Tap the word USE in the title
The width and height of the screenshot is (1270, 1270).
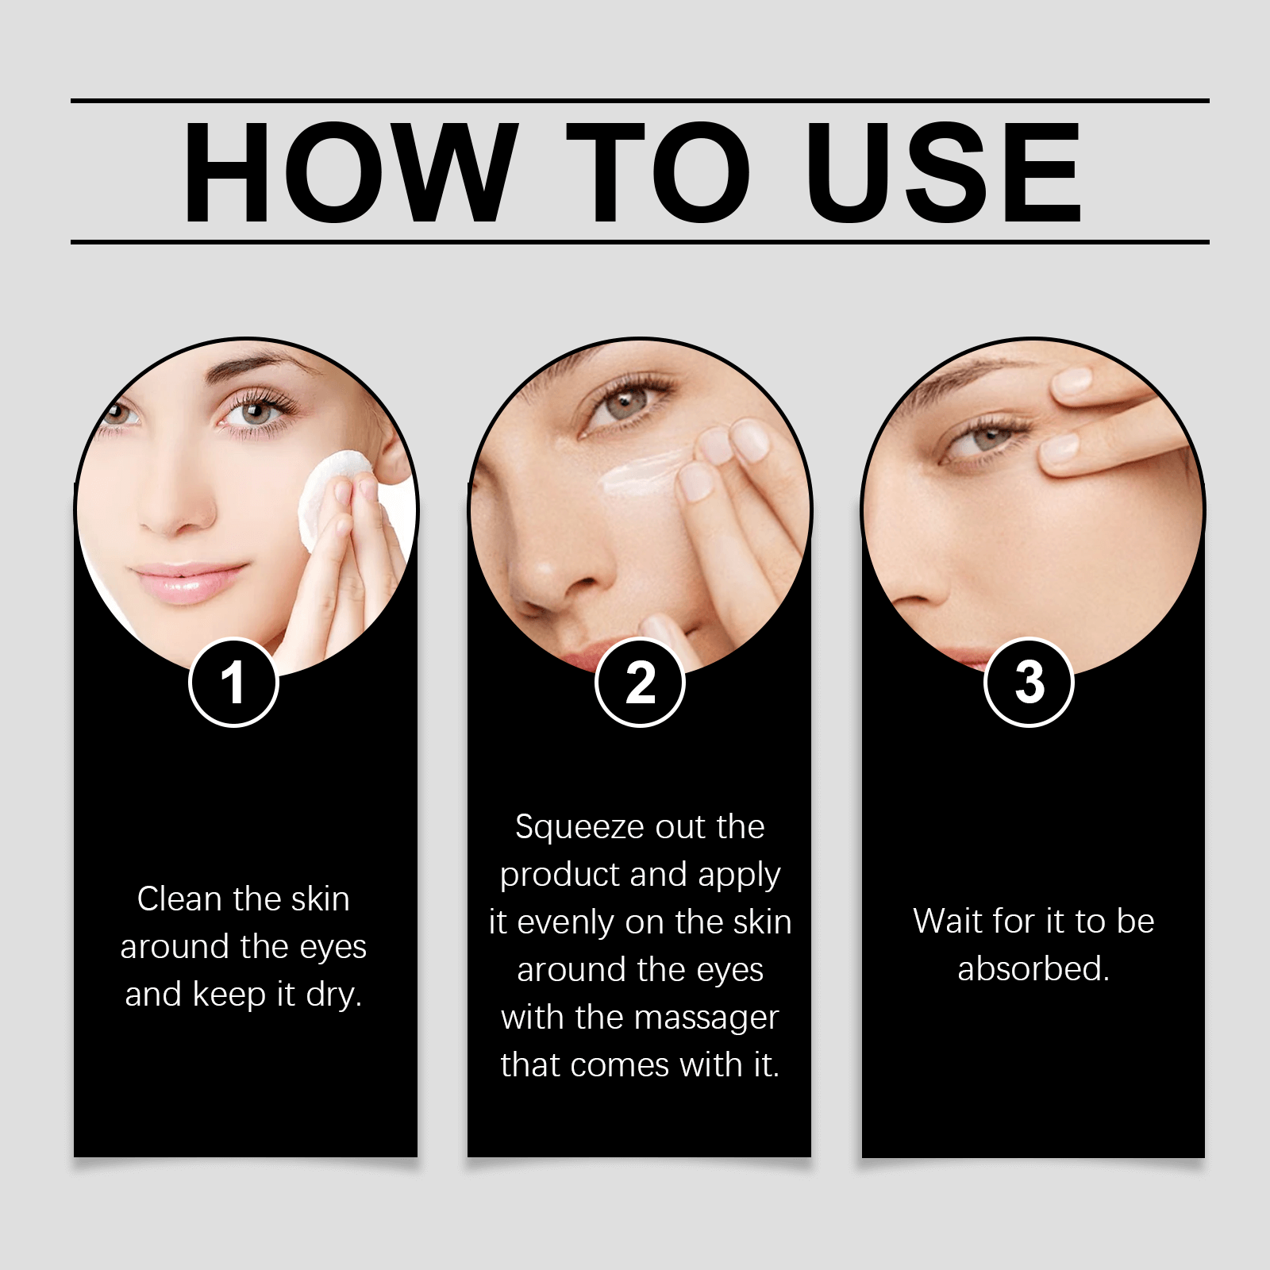943,173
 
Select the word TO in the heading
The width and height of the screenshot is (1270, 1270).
657,173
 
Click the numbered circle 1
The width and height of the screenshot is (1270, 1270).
233,683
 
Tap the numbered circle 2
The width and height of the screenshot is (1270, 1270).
640,683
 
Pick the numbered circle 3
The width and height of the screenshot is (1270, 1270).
1029,683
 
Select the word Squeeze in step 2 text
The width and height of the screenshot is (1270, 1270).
568,828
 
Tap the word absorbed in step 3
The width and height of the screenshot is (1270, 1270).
1032,969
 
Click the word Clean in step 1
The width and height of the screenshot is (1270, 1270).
179,899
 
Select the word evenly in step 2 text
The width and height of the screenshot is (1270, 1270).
567,923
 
